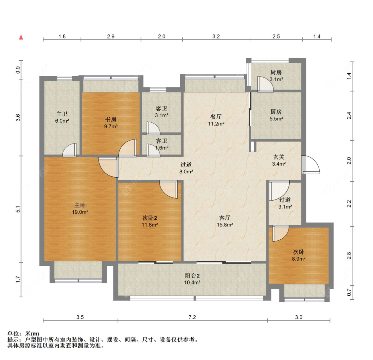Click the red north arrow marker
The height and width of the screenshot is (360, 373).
(21, 37)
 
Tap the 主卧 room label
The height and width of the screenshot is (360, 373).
(80, 205)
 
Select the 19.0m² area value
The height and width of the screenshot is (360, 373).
(80, 212)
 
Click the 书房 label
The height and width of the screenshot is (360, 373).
(111, 119)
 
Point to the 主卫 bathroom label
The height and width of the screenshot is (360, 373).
(62, 114)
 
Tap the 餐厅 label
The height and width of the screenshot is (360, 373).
(216, 117)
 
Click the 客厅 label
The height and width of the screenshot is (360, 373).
(225, 218)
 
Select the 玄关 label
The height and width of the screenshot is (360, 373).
(279, 157)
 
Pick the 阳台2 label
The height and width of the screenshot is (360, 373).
(192, 275)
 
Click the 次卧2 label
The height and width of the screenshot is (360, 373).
(150, 218)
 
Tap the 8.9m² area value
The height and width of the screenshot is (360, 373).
(298, 259)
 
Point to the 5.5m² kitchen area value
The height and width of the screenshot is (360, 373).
(276, 119)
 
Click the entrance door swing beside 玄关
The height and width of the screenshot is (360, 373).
(310, 164)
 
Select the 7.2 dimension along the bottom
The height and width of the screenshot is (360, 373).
(192, 317)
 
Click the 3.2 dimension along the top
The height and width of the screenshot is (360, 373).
(216, 36)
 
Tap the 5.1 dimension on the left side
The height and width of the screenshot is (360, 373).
(18, 209)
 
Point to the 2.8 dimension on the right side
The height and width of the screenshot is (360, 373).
(349, 256)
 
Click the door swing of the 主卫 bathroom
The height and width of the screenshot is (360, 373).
(70, 150)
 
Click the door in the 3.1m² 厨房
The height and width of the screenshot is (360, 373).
(266, 84)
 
